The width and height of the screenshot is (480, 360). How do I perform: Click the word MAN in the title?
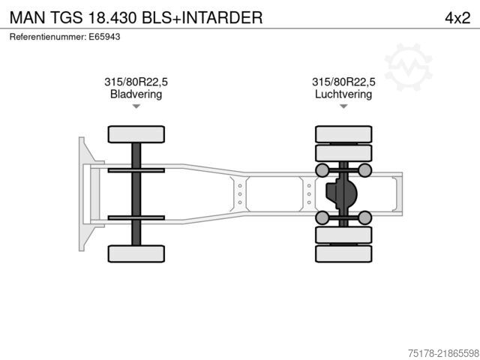tap(28, 18)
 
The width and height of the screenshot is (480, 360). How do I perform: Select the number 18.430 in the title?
tap(112, 18)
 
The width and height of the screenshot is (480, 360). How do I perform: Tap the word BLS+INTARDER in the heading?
tap(202, 18)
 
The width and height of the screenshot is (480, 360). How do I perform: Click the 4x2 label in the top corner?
tap(457, 18)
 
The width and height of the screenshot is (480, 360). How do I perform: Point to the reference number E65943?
tap(104, 37)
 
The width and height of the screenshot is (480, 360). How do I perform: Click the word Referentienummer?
tap(48, 37)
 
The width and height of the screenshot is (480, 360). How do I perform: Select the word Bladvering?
tap(136, 94)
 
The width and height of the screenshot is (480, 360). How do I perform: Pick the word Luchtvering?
tap(343, 94)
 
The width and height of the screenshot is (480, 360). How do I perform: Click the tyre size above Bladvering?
tap(136, 82)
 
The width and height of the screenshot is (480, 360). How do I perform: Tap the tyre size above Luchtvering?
tap(343, 82)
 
